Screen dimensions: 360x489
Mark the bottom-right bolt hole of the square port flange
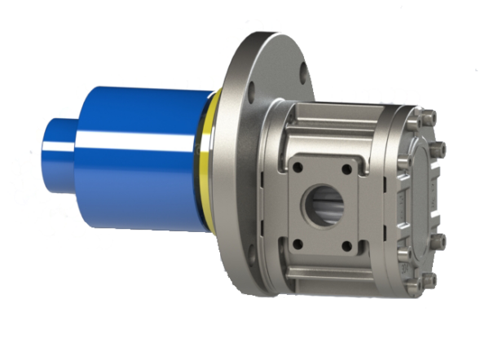(347, 245)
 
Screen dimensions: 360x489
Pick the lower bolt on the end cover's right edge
(441, 241)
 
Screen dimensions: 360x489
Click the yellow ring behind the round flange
(214, 163)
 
